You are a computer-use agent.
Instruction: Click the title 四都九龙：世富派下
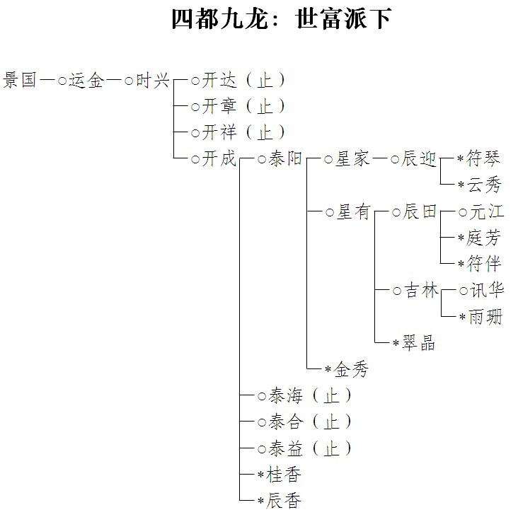pos(282,19)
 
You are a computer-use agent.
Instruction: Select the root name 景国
pos(20,80)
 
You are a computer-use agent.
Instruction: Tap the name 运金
pos(86,80)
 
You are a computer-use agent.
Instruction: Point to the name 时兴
pos(152,80)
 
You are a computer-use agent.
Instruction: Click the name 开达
pos(219,80)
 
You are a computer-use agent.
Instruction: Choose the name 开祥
pos(219,132)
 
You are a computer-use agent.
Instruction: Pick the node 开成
pos(219,159)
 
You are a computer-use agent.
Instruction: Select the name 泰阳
pos(285,158)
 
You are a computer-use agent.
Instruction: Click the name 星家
pos(352,159)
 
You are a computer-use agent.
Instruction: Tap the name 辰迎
pos(418,159)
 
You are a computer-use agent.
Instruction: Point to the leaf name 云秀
pos(484,185)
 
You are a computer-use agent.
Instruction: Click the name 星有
pos(353,211)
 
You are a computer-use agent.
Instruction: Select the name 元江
pos(486,211)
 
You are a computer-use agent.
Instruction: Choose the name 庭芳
pos(483,238)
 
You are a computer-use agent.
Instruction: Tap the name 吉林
pos(421,291)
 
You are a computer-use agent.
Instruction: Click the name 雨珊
pos(485,317)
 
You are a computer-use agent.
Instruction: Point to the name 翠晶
pos(418,343)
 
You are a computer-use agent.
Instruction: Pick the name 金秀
pos(351,369)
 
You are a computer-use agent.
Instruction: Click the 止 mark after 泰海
pos(331,395)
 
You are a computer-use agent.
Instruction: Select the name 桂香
pos(284,475)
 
